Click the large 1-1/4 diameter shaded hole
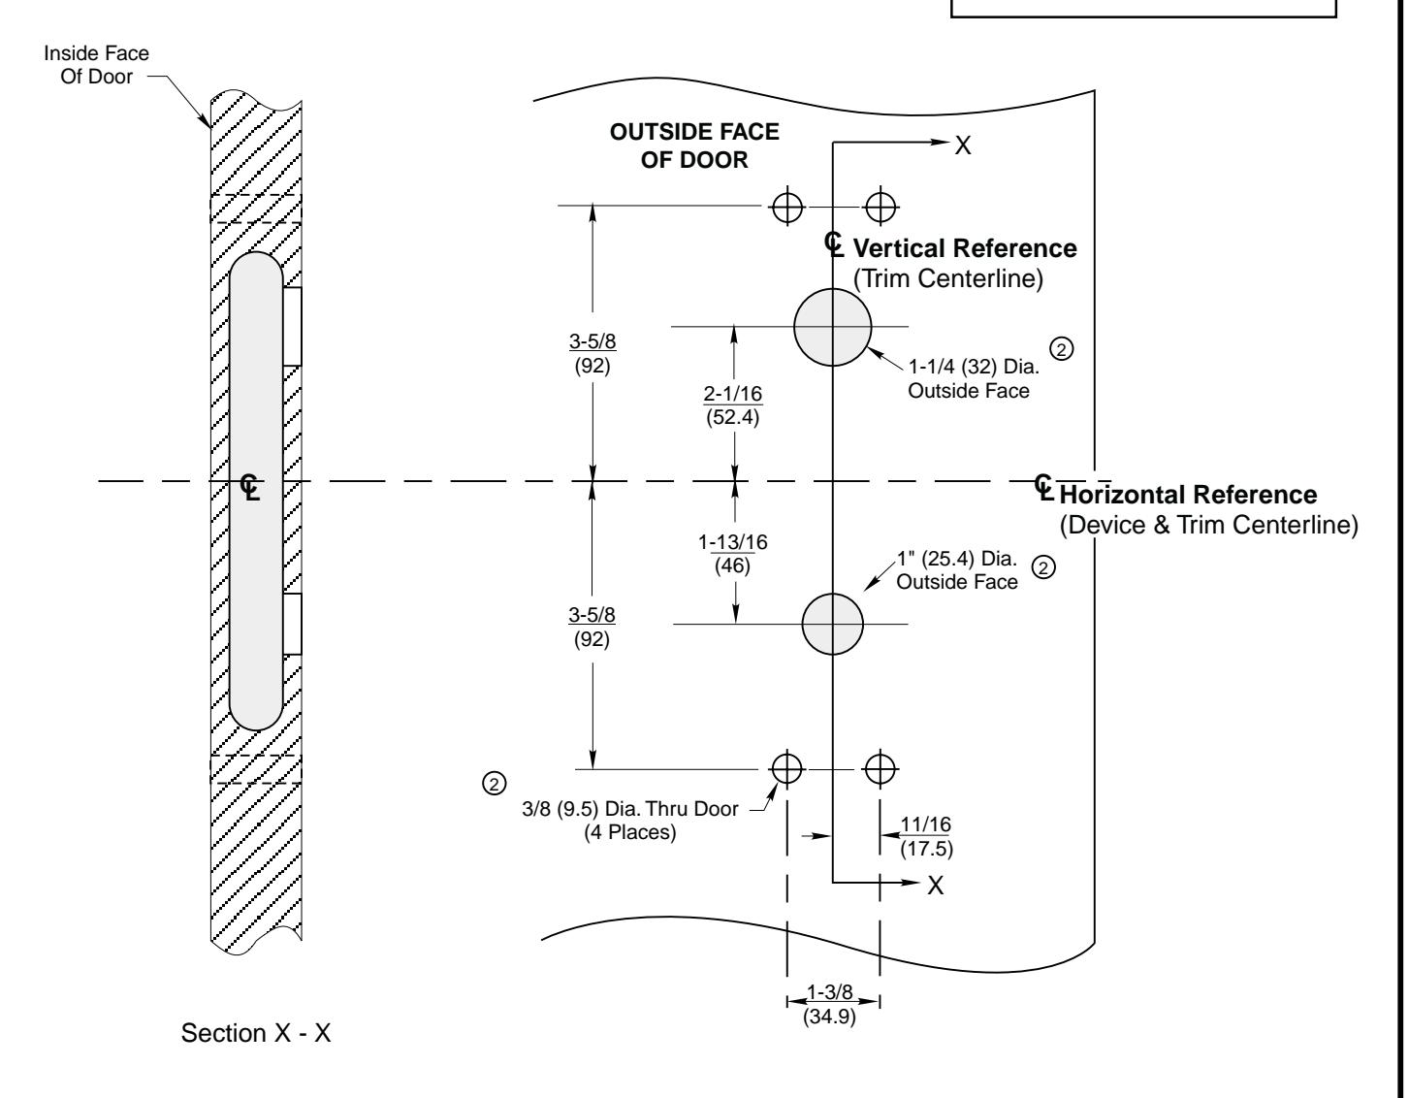pos(832,327)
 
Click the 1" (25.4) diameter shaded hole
pos(832,624)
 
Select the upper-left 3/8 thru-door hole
pos(786,206)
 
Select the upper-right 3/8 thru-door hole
pos(881,206)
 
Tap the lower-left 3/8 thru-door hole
pos(786,768)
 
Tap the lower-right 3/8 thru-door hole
pos(880,768)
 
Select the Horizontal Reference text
pos(1189,495)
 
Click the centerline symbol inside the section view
pos(252,485)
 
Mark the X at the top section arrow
pos(963,145)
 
